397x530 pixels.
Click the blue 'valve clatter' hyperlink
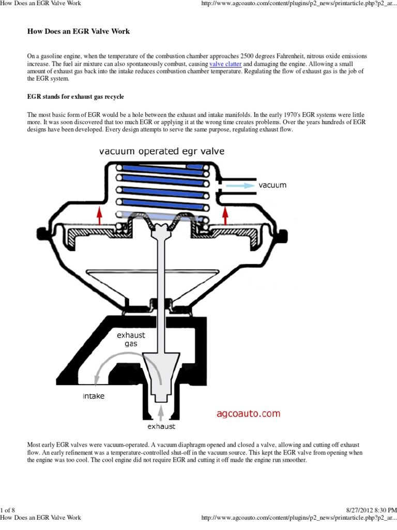225,64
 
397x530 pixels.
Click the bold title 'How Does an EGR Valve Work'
78,32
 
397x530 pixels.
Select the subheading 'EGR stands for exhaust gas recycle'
75,97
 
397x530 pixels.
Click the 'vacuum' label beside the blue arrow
272,185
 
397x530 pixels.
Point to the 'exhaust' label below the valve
161,426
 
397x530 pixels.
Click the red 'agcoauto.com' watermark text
248,413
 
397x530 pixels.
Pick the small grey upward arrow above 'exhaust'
161,413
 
